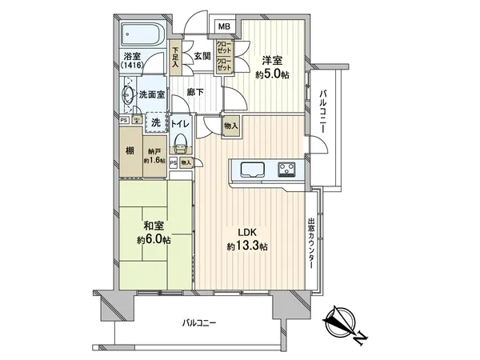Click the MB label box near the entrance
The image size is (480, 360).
(x=224, y=26)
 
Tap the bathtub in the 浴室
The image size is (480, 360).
(x=143, y=36)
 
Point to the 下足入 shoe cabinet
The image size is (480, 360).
(x=177, y=58)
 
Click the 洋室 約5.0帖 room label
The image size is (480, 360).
(x=271, y=66)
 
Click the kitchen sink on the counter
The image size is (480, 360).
(x=250, y=170)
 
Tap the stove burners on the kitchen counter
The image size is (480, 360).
(x=287, y=169)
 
